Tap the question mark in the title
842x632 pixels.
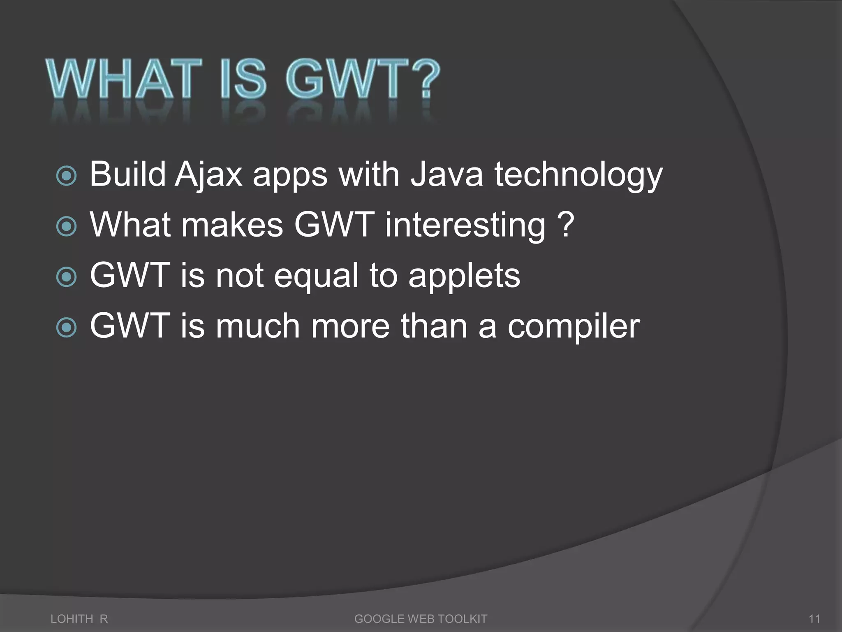[x=425, y=79]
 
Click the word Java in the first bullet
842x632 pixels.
[x=446, y=174]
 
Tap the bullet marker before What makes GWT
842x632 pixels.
[x=66, y=227]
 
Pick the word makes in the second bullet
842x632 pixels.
[x=232, y=225]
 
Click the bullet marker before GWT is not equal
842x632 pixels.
[x=66, y=277]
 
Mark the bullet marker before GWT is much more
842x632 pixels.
[x=66, y=328]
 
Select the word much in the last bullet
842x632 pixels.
[x=258, y=326]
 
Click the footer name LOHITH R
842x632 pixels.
[x=79, y=619]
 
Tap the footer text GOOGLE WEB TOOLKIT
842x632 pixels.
[x=421, y=619]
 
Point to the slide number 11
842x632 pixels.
[x=814, y=619]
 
